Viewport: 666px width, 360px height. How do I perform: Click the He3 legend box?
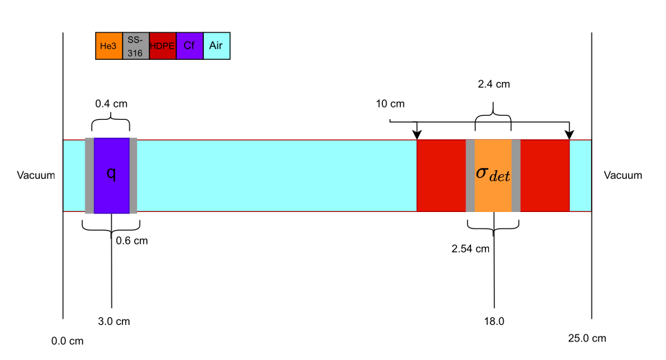coord(109,46)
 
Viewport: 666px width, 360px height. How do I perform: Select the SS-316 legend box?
coord(136,46)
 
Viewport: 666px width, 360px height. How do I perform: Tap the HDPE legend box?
coord(163,46)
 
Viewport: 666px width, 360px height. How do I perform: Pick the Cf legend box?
coord(189,46)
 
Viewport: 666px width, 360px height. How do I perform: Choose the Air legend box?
coord(216,46)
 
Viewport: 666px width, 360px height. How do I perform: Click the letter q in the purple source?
coord(111,173)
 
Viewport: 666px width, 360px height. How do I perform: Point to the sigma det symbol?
coord(493,173)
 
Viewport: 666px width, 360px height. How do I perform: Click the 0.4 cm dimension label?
coord(111,104)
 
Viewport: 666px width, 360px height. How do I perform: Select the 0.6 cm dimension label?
coord(132,240)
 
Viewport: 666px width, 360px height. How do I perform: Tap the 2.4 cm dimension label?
coord(494,85)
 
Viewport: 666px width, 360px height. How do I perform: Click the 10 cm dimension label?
coord(390,104)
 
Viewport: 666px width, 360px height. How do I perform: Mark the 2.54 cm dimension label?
coord(470,248)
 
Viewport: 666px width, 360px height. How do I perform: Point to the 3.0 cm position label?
coord(114,321)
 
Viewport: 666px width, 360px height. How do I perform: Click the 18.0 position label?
coord(495,321)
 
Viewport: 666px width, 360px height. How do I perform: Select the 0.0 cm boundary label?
coord(67,341)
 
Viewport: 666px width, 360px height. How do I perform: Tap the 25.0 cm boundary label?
coord(587,338)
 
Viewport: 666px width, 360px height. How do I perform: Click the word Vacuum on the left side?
coord(36,176)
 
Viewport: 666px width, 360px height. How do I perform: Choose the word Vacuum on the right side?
coord(623,176)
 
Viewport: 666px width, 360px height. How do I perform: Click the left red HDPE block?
coord(441,176)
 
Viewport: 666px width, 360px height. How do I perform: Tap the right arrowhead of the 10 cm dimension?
coord(569,134)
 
